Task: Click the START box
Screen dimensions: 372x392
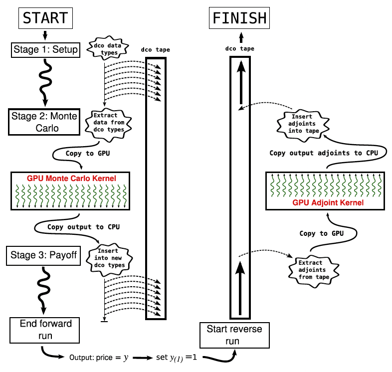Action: (x=45, y=18)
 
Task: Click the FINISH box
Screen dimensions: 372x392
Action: (x=240, y=18)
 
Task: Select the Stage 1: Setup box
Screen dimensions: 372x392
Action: (x=45, y=49)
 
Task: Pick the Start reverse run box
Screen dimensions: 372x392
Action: (x=234, y=335)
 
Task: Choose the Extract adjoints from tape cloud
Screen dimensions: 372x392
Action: (x=310, y=270)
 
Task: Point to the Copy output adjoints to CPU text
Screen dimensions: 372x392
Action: (x=323, y=153)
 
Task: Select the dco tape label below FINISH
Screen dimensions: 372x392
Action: (x=240, y=48)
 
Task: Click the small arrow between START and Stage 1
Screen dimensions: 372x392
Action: (x=45, y=35)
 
